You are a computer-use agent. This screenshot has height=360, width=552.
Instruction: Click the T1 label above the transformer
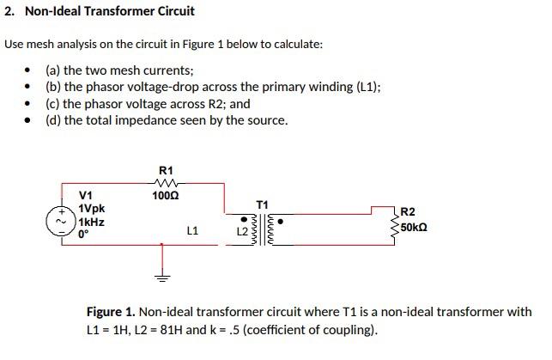pyautogui.click(x=263, y=204)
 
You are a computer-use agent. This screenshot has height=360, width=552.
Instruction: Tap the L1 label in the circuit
pyautogui.click(x=192, y=231)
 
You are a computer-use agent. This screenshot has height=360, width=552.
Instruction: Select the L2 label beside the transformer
pyautogui.click(x=242, y=233)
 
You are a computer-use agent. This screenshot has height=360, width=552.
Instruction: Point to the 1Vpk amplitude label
pyautogui.click(x=91, y=209)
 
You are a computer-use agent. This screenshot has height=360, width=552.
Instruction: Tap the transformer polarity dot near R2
pyautogui.click(x=281, y=219)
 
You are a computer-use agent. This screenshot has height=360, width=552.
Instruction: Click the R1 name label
pyautogui.click(x=166, y=168)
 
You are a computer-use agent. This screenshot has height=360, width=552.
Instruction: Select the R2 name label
pyautogui.click(x=408, y=211)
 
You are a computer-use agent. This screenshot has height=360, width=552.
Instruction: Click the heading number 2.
pyautogui.click(x=8, y=11)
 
